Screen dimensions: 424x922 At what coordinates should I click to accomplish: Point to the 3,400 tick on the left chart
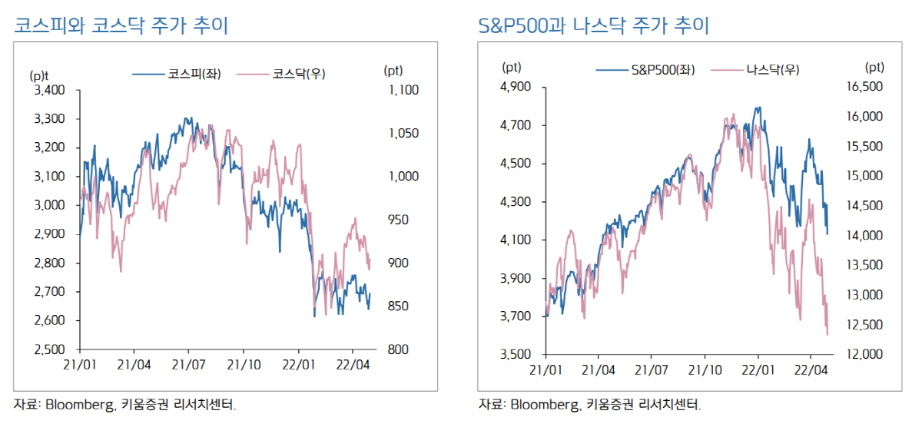tap(48, 90)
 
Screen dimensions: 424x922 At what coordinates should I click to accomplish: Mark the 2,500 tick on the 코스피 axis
tap(48, 349)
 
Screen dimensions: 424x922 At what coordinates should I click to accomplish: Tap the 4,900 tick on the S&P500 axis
tap(515, 87)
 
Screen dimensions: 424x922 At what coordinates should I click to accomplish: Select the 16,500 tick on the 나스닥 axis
tap(866, 87)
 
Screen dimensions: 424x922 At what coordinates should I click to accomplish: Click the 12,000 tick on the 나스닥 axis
tap(866, 354)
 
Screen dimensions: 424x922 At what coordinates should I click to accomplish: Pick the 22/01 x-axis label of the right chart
tap(758, 369)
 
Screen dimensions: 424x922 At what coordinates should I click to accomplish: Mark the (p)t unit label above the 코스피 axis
tap(39, 75)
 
